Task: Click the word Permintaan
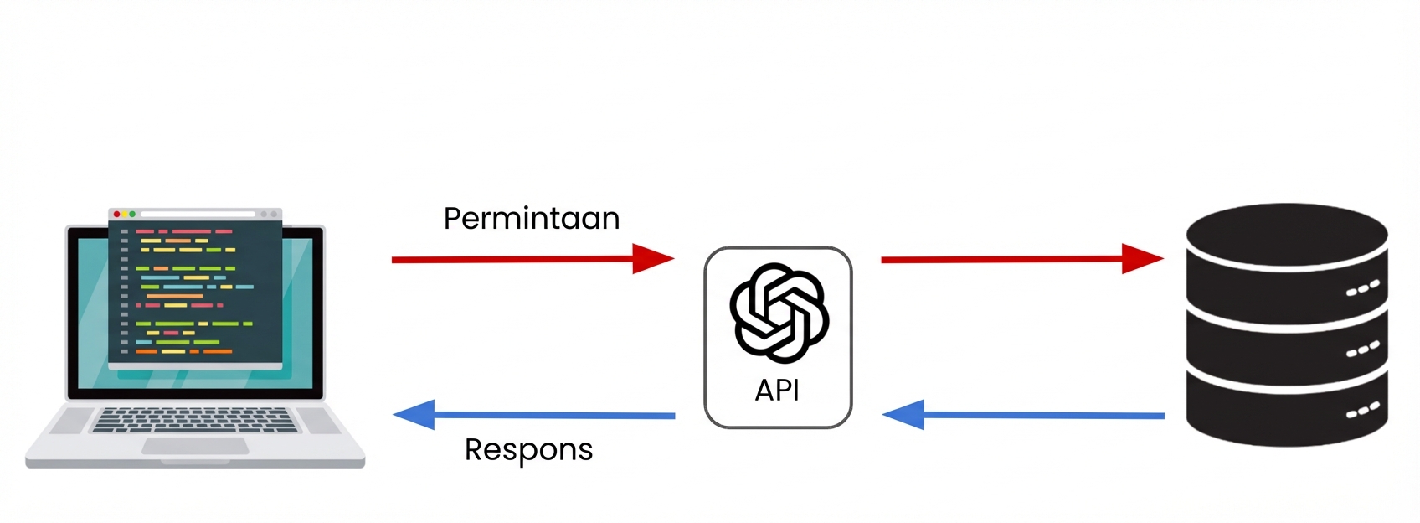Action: pos(531,219)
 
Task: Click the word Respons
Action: pos(528,450)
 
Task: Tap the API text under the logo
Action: pos(777,391)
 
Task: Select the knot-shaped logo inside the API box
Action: pos(779,313)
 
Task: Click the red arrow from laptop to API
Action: pos(519,259)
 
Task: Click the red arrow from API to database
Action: pos(1005,259)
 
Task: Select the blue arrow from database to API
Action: pos(1038,415)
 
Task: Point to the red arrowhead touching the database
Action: pos(1142,259)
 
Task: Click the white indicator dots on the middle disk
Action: pos(1362,350)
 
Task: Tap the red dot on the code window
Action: pos(116,215)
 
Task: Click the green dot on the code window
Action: pos(132,215)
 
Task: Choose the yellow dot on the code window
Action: pos(125,215)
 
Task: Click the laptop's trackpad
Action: pos(194,446)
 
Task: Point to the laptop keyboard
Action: pos(194,419)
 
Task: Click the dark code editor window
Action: pos(194,293)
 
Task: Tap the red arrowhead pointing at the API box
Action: pos(652,259)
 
